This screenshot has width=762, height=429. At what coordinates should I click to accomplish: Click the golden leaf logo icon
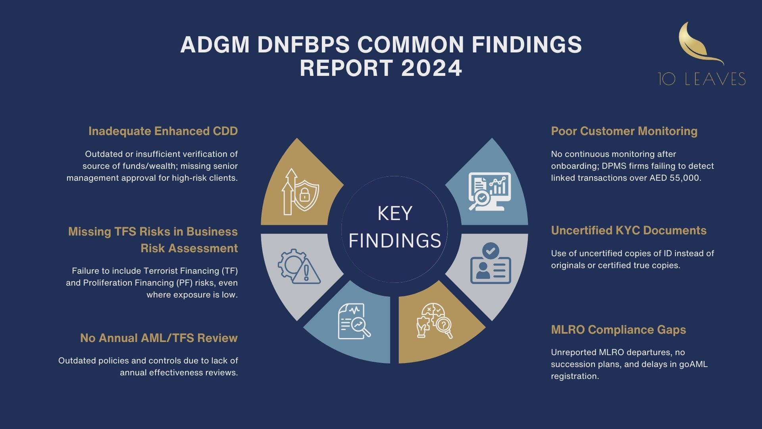click(x=701, y=43)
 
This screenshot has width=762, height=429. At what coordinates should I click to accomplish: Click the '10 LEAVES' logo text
click(x=702, y=79)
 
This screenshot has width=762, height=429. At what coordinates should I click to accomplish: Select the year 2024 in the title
click(x=432, y=68)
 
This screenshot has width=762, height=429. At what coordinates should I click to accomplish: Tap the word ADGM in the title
click(x=215, y=44)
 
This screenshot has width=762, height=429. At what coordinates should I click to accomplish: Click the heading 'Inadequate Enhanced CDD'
click(x=163, y=131)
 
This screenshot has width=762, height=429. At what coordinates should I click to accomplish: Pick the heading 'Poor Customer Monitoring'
click(x=624, y=131)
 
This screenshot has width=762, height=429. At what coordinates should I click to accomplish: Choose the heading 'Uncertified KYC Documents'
click(x=629, y=230)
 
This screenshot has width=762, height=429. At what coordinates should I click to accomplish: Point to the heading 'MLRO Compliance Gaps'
click(x=618, y=330)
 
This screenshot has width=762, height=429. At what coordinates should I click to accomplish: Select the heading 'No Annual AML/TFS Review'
click(x=159, y=338)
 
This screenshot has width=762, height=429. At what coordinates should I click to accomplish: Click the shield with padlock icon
click(x=300, y=191)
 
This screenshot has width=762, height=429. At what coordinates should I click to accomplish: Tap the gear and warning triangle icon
click(x=299, y=266)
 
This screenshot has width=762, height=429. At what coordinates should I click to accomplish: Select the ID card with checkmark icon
click(x=491, y=263)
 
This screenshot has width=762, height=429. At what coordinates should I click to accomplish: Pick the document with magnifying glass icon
click(x=354, y=321)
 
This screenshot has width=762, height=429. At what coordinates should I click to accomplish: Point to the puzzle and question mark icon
click(x=434, y=321)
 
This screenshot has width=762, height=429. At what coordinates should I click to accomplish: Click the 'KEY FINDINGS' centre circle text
click(x=394, y=227)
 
